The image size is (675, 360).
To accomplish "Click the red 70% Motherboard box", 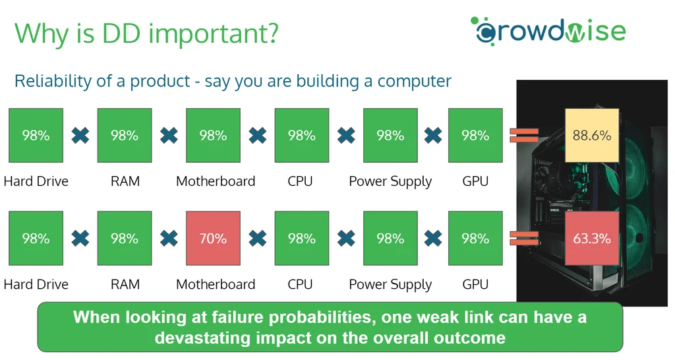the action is (213, 238).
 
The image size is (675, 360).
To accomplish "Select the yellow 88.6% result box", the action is (592, 136).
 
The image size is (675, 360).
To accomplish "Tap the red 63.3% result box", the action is (592, 238).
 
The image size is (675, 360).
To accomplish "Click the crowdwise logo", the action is (548, 30).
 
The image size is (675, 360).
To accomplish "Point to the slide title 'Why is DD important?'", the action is (147, 33).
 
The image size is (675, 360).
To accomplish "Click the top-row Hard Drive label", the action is (36, 181).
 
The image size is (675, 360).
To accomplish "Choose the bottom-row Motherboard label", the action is (216, 284).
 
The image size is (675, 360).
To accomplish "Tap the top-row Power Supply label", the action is (390, 182).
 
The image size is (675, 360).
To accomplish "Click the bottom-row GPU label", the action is (475, 284).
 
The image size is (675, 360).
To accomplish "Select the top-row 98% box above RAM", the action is (125, 135).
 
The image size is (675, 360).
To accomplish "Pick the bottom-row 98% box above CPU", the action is (302, 238).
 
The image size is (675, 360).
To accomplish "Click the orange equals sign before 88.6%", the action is (524, 135).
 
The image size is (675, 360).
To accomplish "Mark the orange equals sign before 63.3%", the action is (524, 238).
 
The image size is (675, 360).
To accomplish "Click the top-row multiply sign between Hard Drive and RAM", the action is (80, 135).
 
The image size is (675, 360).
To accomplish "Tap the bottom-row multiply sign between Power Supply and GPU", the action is (433, 238).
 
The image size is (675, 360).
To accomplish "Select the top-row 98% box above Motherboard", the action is (213, 135).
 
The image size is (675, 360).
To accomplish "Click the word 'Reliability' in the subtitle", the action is (53, 81).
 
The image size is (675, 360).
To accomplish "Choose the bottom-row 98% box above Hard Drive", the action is (36, 238).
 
